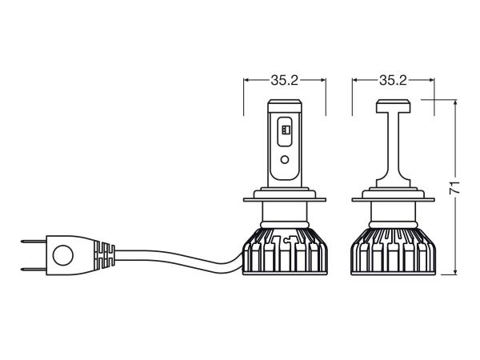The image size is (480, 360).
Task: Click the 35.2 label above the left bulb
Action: [285, 80]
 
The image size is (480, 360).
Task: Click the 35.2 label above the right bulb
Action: [393, 80]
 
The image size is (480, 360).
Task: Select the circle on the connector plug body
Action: [62, 256]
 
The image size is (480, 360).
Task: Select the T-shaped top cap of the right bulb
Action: [393, 105]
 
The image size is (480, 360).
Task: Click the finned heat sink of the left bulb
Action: [285, 252]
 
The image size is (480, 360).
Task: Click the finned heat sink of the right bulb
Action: [393, 252]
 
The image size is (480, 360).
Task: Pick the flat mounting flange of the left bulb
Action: [285, 194]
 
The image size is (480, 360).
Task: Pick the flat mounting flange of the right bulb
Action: [393, 194]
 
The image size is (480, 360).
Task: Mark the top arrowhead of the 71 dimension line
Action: [454, 102]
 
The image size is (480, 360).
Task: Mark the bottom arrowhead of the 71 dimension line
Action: [454, 274]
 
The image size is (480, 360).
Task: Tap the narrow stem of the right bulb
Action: [393, 144]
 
